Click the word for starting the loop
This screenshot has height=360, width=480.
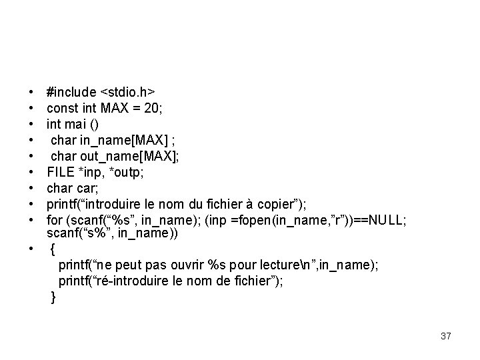54,219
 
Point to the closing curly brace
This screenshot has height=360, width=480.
54,297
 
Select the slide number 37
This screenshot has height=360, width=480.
445,337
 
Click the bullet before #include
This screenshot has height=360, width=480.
32,91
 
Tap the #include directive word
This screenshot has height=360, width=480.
70,90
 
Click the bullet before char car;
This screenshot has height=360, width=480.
32,187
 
